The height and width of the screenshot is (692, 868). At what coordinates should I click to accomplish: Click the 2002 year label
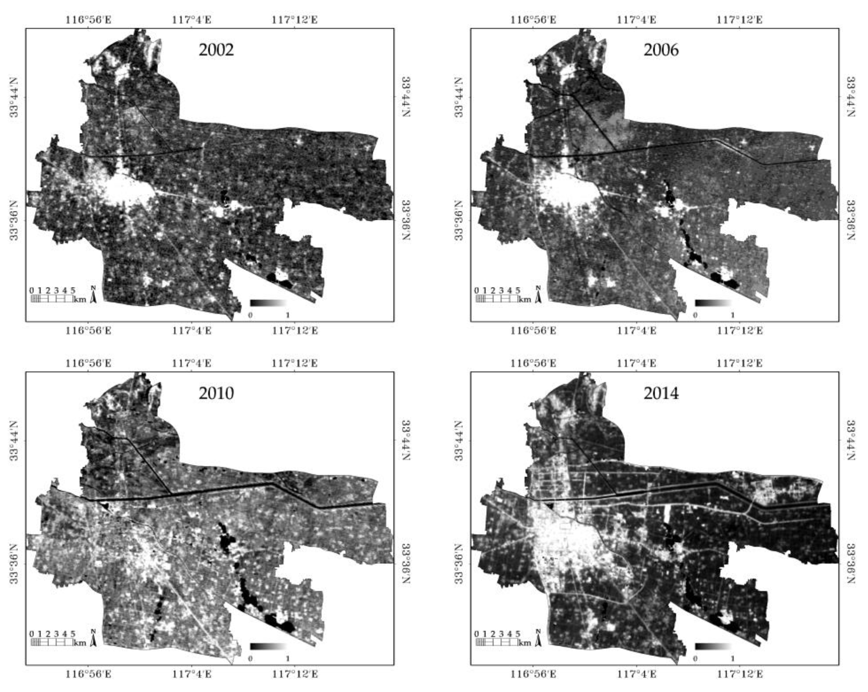(x=216, y=50)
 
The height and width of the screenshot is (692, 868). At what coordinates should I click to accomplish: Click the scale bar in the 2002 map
(x=52, y=299)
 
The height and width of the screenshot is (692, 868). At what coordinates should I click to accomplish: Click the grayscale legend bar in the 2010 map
(x=268, y=647)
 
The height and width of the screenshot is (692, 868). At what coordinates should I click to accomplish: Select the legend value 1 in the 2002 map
(x=287, y=315)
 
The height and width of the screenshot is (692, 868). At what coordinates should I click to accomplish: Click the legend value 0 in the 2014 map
(x=695, y=659)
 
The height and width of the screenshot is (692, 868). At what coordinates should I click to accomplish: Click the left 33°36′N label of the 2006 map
(x=459, y=220)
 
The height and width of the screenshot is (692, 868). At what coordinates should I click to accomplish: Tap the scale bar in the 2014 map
(x=497, y=642)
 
